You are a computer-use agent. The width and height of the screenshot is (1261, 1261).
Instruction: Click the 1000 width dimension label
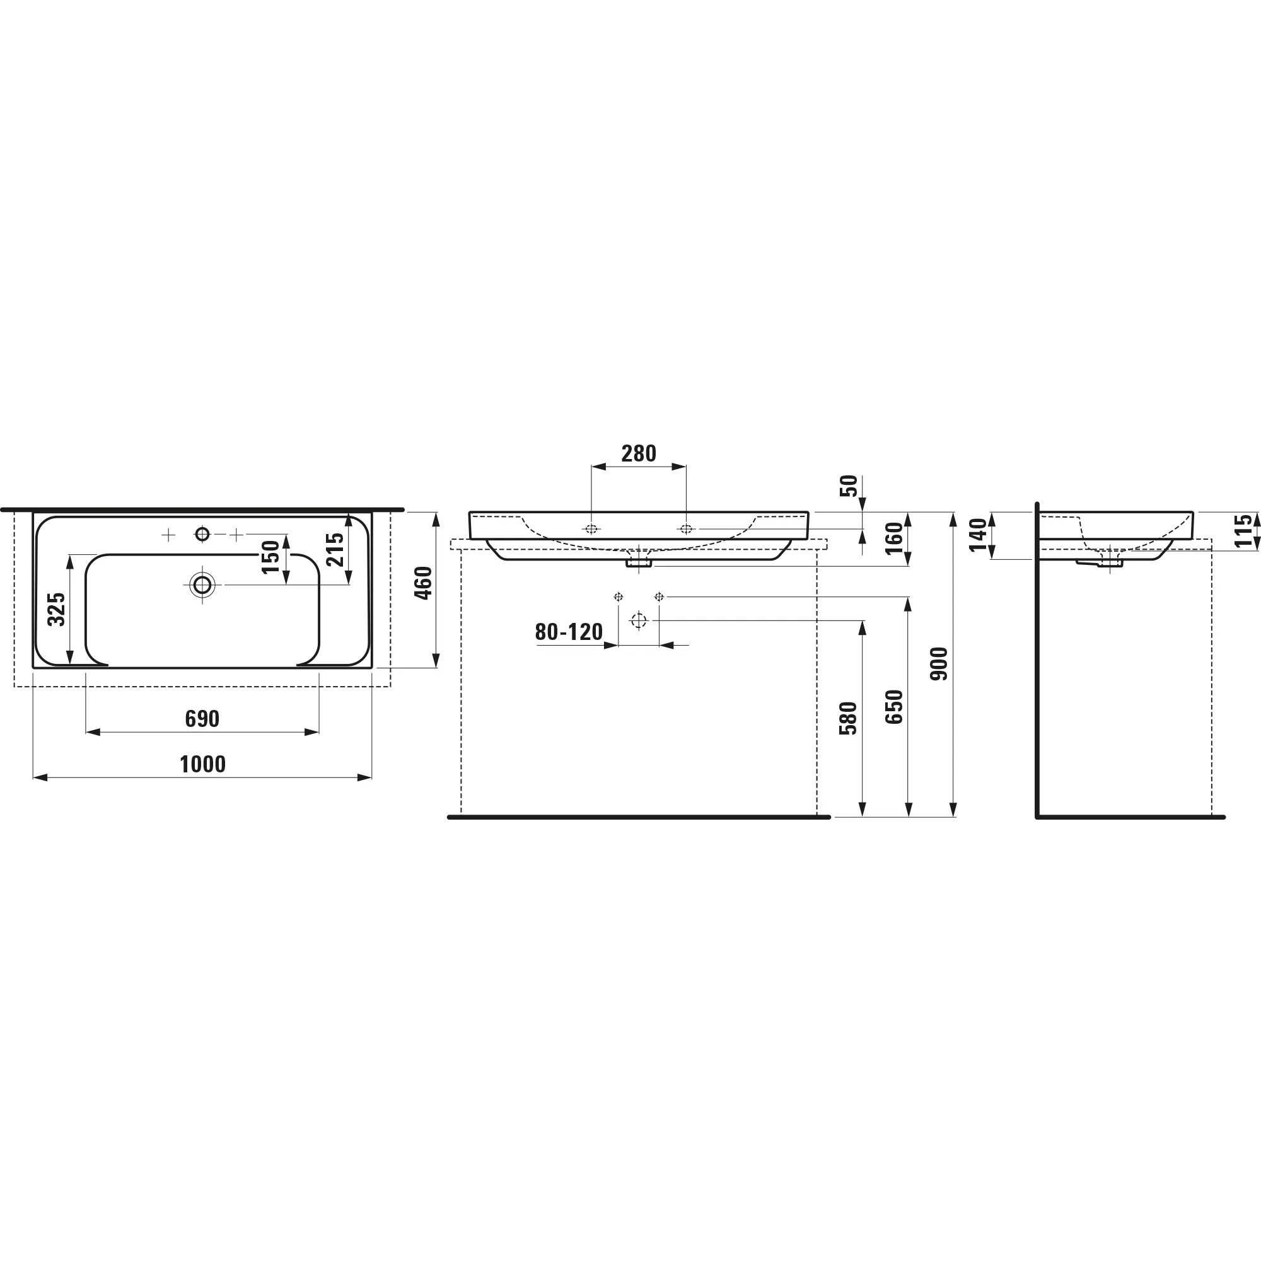pyautogui.click(x=202, y=764)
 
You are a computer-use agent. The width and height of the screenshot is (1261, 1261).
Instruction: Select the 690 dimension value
pyautogui.click(x=202, y=719)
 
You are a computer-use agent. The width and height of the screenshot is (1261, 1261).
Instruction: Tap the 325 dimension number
pyautogui.click(x=57, y=609)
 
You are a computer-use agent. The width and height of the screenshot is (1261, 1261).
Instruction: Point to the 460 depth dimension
pyautogui.click(x=424, y=583)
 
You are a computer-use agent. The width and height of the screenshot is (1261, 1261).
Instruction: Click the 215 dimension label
pyautogui.click(x=335, y=549)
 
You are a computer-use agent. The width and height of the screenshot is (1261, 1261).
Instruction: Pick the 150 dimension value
pyautogui.click(x=271, y=557)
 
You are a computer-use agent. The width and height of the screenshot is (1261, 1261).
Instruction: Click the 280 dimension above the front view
pyautogui.click(x=638, y=453)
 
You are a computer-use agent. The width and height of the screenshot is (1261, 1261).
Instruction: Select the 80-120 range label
pyautogui.click(x=569, y=632)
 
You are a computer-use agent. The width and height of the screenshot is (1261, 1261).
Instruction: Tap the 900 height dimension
pyautogui.click(x=939, y=664)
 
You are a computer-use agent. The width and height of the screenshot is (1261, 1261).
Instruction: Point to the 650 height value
pyautogui.click(x=894, y=707)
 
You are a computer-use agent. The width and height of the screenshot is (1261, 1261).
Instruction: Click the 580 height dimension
pyautogui.click(x=848, y=719)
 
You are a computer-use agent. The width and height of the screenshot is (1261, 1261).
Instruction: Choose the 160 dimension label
pyautogui.click(x=894, y=538)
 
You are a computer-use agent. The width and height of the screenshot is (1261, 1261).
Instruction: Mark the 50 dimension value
pyautogui.click(x=849, y=485)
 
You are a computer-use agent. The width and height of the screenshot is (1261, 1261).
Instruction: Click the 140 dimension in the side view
pyautogui.click(x=978, y=535)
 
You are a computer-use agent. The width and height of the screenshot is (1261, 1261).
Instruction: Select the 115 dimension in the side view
pyautogui.click(x=1243, y=531)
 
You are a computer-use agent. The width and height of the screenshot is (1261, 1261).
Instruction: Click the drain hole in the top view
pyautogui.click(x=202, y=585)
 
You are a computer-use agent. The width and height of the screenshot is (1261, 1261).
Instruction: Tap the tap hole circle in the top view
pyautogui.click(x=202, y=535)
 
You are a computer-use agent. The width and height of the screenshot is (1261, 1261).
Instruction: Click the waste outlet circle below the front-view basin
pyautogui.click(x=638, y=620)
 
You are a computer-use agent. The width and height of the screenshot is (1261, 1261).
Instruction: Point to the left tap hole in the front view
pyautogui.click(x=591, y=529)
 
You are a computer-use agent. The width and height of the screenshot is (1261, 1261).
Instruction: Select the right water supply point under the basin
pyautogui.click(x=659, y=596)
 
